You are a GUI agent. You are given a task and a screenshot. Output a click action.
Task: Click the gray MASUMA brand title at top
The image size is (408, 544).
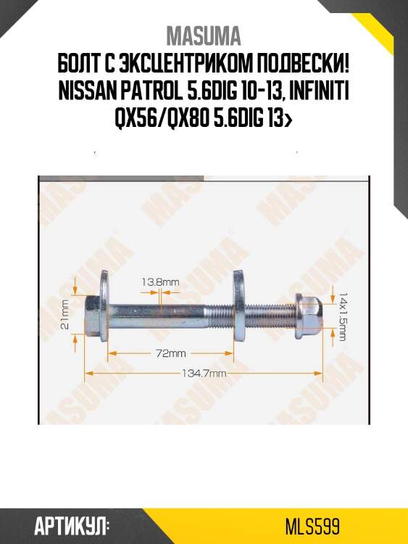(204, 36)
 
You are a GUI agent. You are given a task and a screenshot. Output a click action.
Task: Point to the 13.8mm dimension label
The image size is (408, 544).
(161, 281)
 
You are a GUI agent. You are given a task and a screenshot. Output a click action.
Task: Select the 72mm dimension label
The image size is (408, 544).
(171, 354)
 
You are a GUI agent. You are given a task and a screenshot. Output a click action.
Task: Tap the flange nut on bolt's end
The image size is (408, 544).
(310, 312)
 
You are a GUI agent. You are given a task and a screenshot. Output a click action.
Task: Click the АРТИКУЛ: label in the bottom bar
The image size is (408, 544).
(71, 525)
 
